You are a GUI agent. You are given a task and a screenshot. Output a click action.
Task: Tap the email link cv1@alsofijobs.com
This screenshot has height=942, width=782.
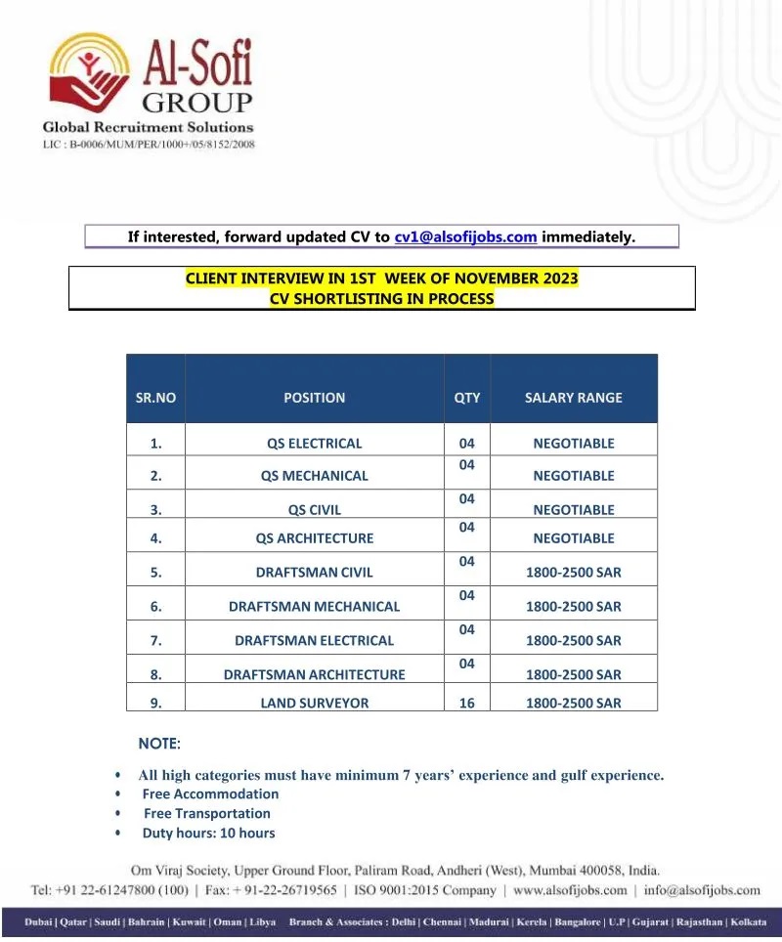[x=465, y=236]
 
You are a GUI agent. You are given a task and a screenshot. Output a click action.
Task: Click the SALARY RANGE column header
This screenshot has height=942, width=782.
[x=573, y=398]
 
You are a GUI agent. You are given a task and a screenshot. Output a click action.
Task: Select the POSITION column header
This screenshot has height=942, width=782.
[x=314, y=398]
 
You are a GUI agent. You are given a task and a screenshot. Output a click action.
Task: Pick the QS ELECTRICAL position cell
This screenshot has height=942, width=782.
[x=314, y=444]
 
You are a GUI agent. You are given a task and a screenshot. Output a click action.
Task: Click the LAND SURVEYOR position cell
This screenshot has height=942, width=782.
[x=314, y=703]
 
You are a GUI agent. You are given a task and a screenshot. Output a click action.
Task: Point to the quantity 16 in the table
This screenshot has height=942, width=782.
[x=467, y=703]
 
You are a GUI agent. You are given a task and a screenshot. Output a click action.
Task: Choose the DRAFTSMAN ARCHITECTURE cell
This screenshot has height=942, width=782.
[x=314, y=674]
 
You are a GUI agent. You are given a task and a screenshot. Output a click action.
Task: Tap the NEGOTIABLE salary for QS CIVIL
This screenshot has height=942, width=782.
[x=573, y=510]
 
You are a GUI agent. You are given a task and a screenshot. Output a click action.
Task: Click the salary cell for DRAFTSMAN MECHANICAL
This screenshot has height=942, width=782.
[x=573, y=607]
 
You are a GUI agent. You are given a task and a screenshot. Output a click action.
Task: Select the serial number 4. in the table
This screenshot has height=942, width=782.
[x=156, y=538]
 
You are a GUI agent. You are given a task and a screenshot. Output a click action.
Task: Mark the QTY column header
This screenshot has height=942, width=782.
[x=467, y=398]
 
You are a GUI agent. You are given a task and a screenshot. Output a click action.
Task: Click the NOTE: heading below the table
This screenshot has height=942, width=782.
[x=159, y=745]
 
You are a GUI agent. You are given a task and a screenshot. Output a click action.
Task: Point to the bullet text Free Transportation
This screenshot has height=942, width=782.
[x=207, y=813]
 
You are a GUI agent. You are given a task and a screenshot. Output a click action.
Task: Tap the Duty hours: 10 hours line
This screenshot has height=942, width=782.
[x=208, y=834]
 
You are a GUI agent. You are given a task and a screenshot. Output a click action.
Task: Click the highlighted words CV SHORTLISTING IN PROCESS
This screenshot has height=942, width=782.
[x=381, y=298]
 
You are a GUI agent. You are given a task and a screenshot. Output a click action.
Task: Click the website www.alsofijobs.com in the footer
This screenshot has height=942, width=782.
[x=569, y=890]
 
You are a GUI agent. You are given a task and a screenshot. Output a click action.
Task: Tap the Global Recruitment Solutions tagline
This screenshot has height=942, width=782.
[x=148, y=127]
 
